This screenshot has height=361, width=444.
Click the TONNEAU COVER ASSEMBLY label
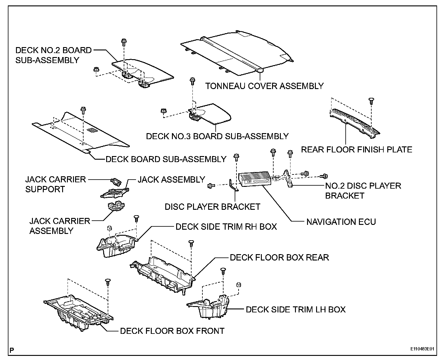coord(264,86)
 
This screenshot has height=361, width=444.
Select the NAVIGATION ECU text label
coord(341,222)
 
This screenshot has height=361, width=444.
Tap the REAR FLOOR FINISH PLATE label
coord(357,149)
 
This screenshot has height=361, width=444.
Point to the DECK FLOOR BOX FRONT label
coord(172,331)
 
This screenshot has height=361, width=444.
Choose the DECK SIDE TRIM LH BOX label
coord(295,309)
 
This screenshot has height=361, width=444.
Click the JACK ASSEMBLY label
coord(171,180)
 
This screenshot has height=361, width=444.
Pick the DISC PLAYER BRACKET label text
coord(212,207)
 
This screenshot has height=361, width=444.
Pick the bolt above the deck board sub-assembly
coord(83,109)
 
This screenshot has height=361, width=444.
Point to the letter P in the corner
coord(12,350)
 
